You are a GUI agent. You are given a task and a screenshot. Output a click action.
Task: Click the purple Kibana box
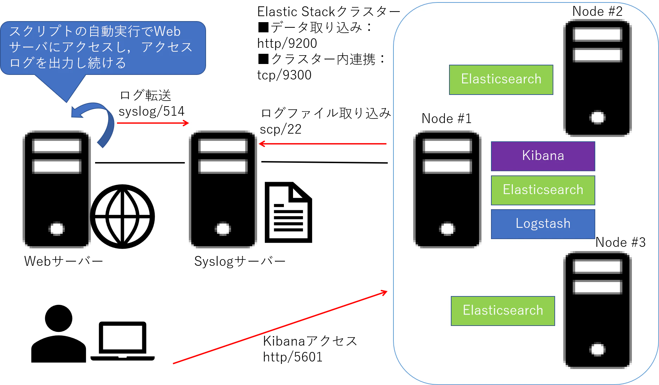click(x=543, y=156)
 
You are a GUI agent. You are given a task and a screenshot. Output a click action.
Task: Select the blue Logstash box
click(x=543, y=224)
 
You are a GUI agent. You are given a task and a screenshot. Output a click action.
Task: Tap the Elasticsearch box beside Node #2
click(x=501, y=79)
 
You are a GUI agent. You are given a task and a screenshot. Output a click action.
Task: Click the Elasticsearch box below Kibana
click(x=543, y=190)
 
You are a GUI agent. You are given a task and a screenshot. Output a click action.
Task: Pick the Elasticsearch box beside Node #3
click(x=503, y=311)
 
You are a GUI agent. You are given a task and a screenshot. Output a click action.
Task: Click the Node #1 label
click(x=446, y=118)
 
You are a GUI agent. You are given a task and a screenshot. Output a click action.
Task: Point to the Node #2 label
click(x=597, y=11)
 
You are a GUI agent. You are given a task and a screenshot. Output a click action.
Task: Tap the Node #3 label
click(x=620, y=242)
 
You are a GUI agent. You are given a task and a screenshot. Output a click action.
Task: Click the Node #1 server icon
click(x=447, y=189)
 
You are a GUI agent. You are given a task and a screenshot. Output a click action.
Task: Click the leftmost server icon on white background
click(x=56, y=189)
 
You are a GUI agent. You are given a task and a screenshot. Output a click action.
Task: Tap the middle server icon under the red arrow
click(x=223, y=189)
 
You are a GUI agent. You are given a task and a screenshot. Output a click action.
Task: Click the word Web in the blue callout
click(x=167, y=31)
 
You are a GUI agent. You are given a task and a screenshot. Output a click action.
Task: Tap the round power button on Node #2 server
click(x=597, y=117)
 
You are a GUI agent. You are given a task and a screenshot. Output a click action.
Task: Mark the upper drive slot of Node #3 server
click(x=597, y=267)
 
